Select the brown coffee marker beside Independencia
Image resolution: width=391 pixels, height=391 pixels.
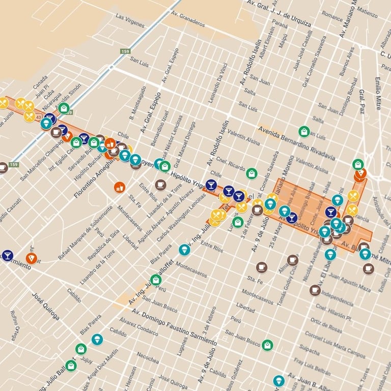pyautogui.click(x=315, y=290)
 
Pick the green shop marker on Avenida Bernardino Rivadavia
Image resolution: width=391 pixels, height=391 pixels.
pyautogui.click(x=304, y=131)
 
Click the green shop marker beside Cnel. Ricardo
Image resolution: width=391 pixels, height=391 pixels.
pyautogui.click(x=252, y=174)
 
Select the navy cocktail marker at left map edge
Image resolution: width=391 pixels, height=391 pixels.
pyautogui.click(x=7, y=255)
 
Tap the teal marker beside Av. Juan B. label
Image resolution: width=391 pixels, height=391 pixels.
pyautogui.click(x=278, y=380)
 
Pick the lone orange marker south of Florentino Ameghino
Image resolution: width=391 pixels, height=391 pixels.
pyautogui.click(x=120, y=187)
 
